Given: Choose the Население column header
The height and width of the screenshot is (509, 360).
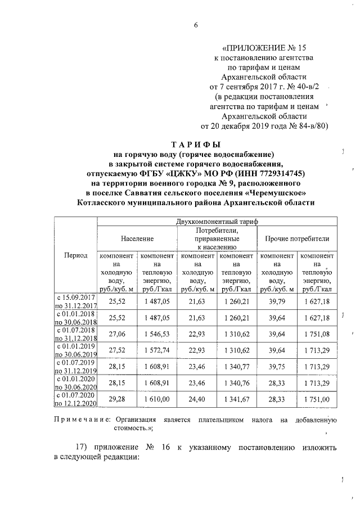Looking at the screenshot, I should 137,238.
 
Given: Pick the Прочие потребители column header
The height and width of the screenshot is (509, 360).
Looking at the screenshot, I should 297,238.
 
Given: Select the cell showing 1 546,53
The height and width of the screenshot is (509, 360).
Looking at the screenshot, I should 157,334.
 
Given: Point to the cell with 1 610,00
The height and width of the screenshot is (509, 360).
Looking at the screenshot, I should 157,399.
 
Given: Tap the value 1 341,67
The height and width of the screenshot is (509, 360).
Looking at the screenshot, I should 237,399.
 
